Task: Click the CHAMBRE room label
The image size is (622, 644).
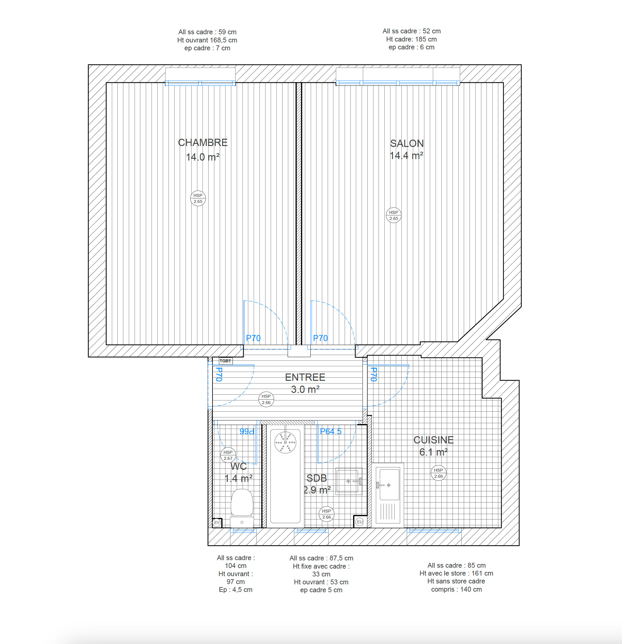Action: (202, 143)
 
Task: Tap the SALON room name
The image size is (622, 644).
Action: (407, 144)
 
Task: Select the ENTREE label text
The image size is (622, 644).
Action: (305, 377)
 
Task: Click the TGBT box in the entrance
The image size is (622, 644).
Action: (226, 361)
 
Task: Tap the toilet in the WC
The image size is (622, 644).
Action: (242, 508)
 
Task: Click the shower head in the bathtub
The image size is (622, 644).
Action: (285, 443)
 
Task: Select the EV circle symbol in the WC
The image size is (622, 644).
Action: (217, 523)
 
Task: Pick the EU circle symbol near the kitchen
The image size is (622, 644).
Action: (360, 522)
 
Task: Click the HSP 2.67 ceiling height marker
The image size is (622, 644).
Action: (228, 455)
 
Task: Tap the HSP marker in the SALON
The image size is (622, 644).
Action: (393, 215)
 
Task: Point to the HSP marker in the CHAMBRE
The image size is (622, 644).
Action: (198, 198)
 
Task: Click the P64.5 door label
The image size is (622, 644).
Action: (330, 431)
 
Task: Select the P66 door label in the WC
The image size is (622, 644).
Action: (247, 431)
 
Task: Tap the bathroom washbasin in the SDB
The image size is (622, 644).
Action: (349, 481)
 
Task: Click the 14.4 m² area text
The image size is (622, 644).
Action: (406, 156)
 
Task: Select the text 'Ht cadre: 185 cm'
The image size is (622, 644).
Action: (411, 39)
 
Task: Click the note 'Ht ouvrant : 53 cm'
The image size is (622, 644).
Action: (321, 582)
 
